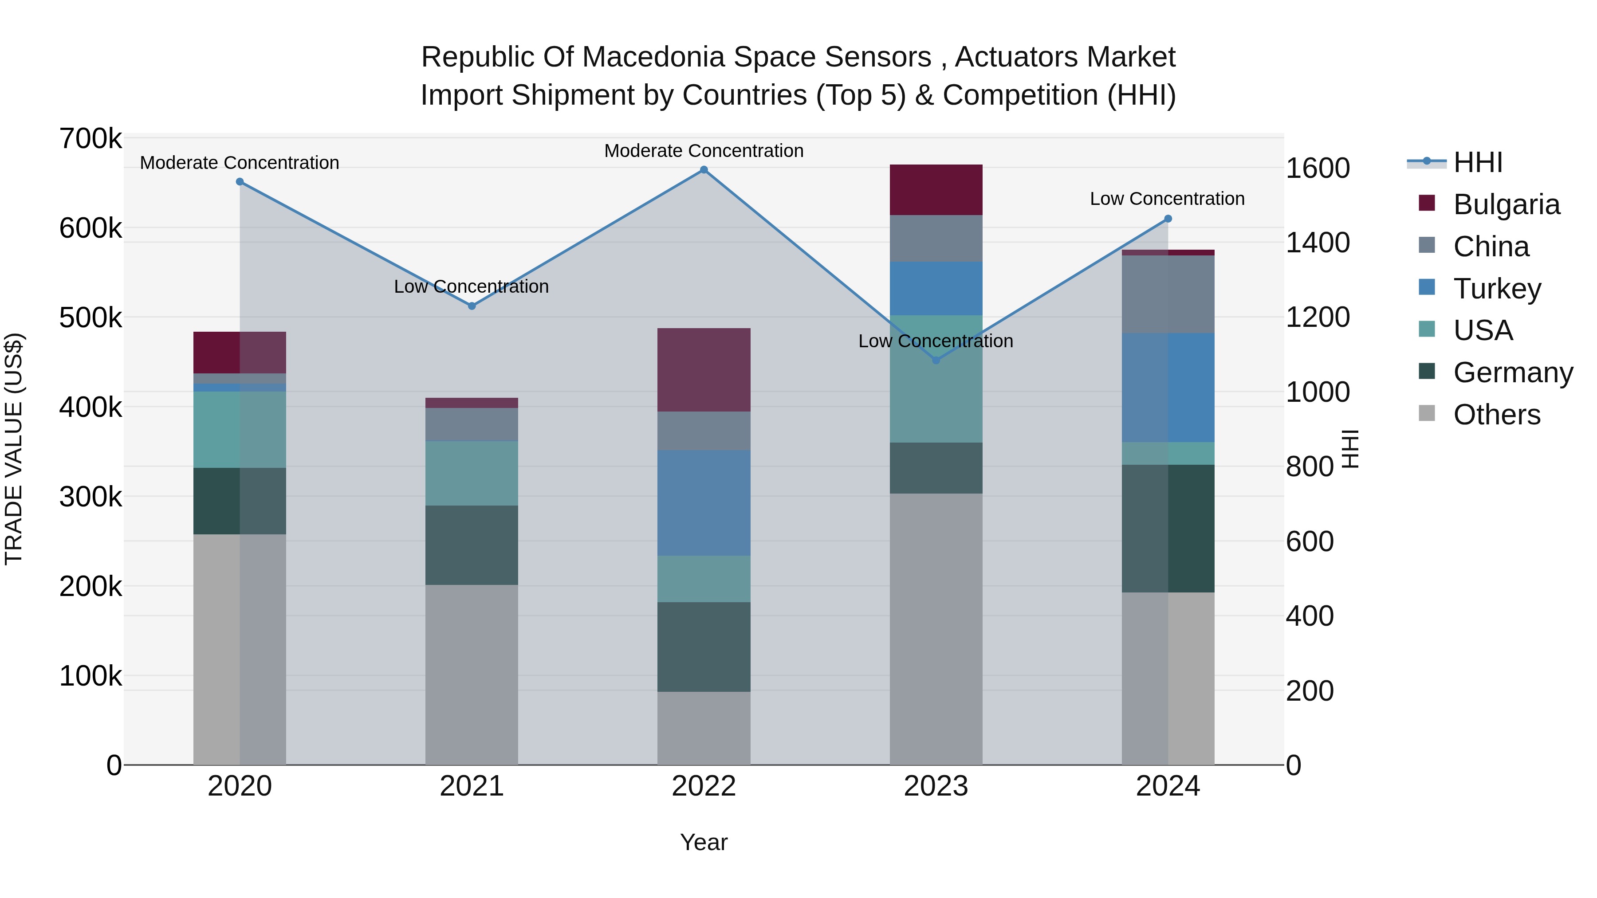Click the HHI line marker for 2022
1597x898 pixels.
pos(704,170)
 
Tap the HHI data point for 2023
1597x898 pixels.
pos(936,360)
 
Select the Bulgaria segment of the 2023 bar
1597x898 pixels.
pos(936,190)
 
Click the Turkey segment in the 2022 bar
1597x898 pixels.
pos(704,502)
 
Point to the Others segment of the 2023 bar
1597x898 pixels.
pos(936,628)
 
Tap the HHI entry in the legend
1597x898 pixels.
pos(1477,162)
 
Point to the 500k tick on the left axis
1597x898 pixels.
pos(90,318)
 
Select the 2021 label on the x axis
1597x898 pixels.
pos(471,786)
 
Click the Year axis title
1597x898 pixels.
pos(704,842)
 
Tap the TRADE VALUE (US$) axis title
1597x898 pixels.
pos(14,449)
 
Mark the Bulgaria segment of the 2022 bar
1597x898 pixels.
pos(704,370)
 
